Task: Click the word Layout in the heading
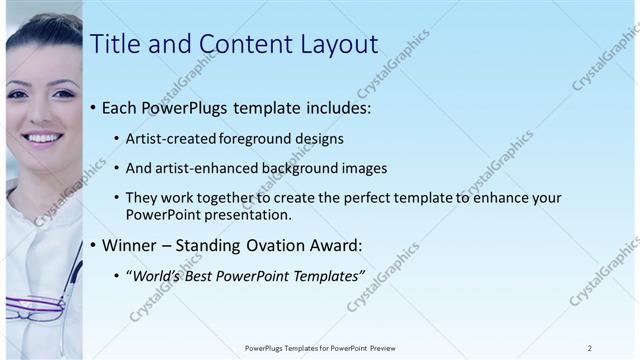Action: tap(334, 44)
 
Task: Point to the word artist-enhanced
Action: tap(210, 168)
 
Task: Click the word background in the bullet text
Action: tap(312, 168)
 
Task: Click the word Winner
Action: tap(132, 244)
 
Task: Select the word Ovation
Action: tap(283, 244)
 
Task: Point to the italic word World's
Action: tap(157, 275)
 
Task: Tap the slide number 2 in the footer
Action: tap(589, 348)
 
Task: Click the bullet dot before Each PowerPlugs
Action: tap(94, 107)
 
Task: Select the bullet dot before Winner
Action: tap(94, 245)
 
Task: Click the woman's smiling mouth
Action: tap(43, 136)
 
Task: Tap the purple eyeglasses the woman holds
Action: tap(35, 306)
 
